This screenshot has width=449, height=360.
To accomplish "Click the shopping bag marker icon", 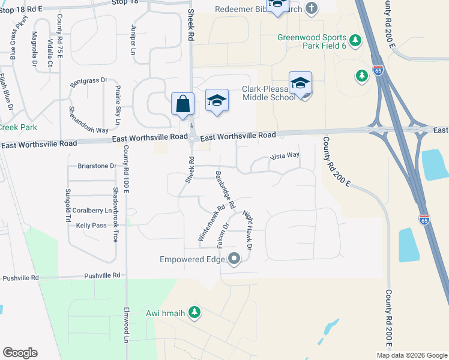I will click(182, 104).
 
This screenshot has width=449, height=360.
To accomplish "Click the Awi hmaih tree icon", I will click(194, 312).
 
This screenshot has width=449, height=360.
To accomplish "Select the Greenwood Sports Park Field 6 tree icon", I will click(356, 40).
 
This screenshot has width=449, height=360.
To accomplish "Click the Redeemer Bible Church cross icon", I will click(311, 8).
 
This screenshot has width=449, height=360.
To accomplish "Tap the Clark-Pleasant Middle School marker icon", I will click(300, 83).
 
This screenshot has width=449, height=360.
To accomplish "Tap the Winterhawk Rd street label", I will click(211, 225).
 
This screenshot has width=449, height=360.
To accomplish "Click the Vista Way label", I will click(285, 156).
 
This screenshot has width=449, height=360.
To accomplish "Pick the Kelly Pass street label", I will click(91, 226).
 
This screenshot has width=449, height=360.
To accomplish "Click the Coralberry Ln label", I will click(91, 211).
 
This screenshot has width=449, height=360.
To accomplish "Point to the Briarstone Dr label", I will click(97, 166).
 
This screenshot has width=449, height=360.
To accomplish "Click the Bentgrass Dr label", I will click(88, 80).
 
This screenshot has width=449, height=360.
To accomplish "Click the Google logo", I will click(20, 353).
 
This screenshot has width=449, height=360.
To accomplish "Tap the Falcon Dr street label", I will click(226, 235).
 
